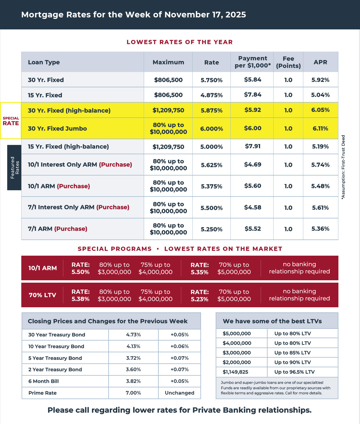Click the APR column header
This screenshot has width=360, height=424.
click(x=320, y=62)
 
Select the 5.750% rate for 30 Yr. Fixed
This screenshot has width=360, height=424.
click(x=211, y=80)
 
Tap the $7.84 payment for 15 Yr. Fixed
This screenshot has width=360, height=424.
click(x=253, y=95)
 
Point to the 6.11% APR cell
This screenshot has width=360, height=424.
click(x=320, y=128)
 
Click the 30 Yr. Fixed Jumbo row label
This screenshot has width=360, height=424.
click(x=57, y=128)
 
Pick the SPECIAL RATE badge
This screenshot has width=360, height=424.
click(x=11, y=121)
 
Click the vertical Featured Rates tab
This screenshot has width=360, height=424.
click(x=14, y=167)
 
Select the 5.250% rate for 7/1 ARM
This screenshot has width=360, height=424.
click(x=211, y=229)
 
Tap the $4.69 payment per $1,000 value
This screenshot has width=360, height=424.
click(x=253, y=164)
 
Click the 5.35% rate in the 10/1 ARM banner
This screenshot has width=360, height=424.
click(x=199, y=272)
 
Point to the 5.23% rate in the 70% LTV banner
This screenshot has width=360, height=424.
click(x=199, y=299)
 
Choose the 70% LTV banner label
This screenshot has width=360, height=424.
click(x=42, y=295)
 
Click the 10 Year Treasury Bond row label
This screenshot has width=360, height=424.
click(x=56, y=346)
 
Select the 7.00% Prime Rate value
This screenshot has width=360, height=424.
click(x=133, y=393)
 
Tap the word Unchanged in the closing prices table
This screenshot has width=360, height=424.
click(x=179, y=393)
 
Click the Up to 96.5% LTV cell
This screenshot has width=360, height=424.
click(x=294, y=372)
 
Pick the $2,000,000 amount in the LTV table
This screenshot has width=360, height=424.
click(x=237, y=362)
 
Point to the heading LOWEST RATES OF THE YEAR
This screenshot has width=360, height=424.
click(x=180, y=42)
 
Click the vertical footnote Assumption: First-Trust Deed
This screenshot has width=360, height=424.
click(x=343, y=167)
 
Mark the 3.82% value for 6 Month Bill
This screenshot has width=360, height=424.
click(x=133, y=381)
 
